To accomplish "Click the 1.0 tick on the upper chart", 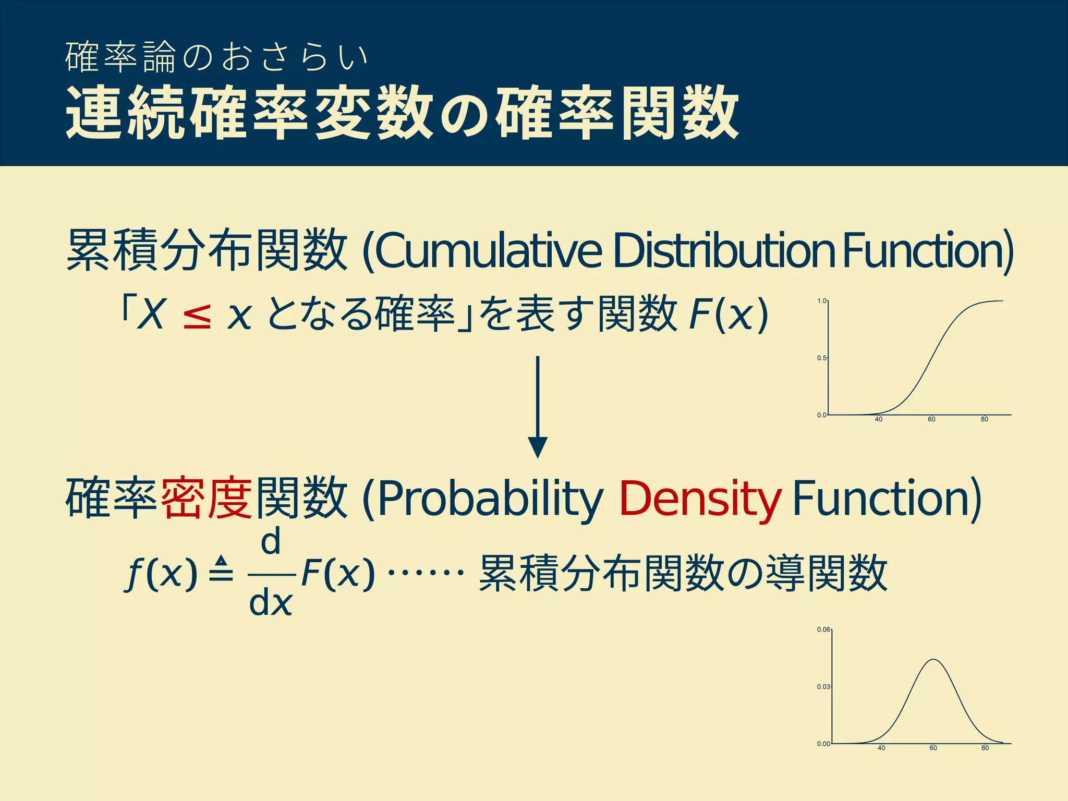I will (821, 301).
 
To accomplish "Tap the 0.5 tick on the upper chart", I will (821, 358).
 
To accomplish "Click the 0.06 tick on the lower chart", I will (823, 629).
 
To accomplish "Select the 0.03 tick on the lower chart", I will (823, 687).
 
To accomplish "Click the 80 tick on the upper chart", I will (984, 419).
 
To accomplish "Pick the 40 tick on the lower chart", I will (881, 748).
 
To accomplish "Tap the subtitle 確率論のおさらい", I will (217, 57).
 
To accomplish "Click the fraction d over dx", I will (271, 574).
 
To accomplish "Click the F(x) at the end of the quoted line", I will (728, 315).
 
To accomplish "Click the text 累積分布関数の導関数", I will (683, 573).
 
